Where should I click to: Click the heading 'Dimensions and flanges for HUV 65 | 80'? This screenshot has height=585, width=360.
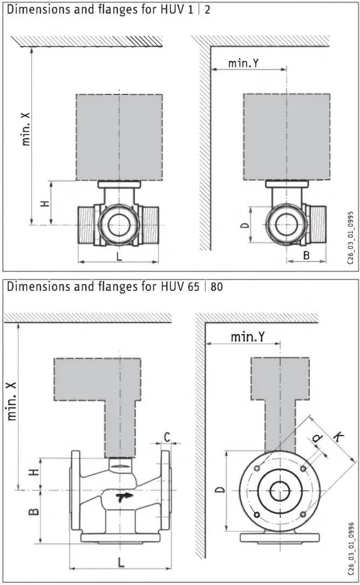tap(114, 286)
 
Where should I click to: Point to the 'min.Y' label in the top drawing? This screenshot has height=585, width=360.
tap(243, 63)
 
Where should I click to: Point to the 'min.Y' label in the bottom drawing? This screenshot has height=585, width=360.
tap(248, 337)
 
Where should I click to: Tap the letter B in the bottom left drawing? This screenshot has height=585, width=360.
tap(33, 509)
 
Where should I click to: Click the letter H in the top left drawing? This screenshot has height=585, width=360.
tap(45, 203)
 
